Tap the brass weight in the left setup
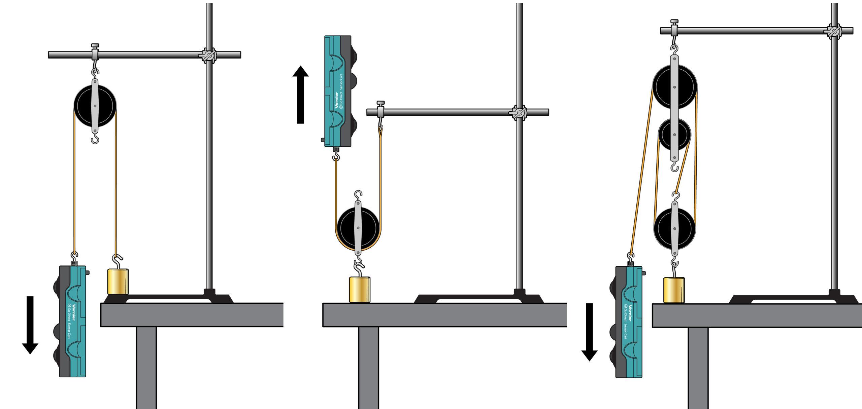(x=118, y=282)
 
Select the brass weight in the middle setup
(x=359, y=290)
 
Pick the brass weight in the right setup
(x=674, y=290)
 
